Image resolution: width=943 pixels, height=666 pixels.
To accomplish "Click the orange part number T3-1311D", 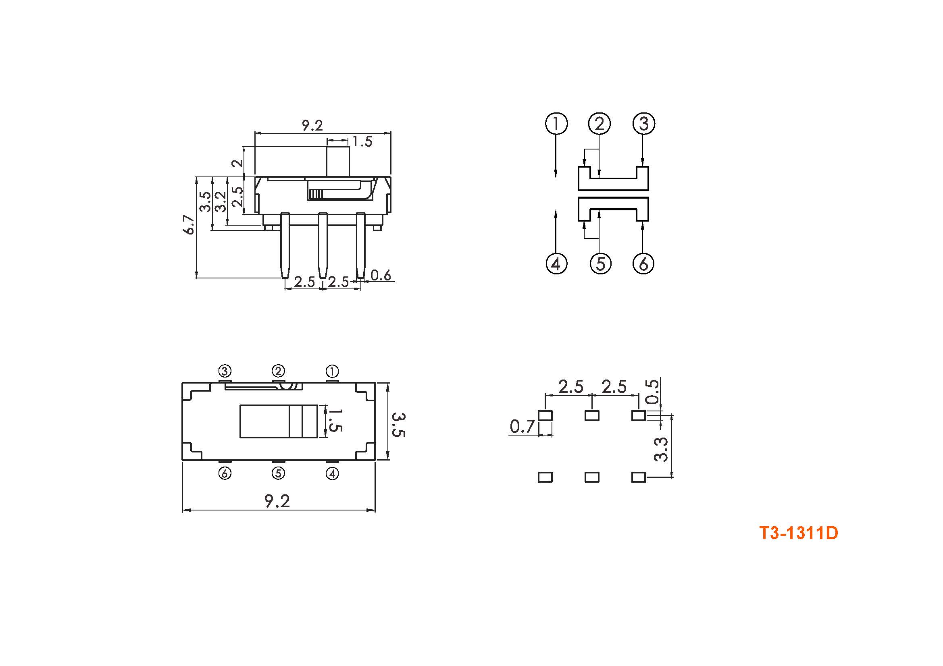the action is coord(798,533).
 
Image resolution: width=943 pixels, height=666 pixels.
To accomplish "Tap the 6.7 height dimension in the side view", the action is coord(189,224).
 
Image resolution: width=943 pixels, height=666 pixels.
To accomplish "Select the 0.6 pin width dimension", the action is coord(381,275).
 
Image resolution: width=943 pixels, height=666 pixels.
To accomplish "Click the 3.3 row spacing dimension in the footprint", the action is coord(660,449).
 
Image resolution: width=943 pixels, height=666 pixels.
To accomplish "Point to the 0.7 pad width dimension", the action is coord(523,427).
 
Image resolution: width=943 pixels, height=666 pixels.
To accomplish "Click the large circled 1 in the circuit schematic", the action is coord(556,124).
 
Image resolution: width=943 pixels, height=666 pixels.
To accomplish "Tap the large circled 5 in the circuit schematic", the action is coord(600,263).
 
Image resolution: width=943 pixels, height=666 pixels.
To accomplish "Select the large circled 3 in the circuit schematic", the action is coord(643,124).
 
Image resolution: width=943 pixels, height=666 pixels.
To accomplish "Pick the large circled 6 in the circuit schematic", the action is coord(643,263).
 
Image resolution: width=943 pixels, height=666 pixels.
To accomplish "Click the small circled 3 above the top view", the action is coord(225,371).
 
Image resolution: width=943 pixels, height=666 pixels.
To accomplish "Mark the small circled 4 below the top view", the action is coord(332,474).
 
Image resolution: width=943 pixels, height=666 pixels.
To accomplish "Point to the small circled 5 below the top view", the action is coord(279,473).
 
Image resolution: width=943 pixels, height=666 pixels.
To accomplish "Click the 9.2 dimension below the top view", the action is coord(277,501).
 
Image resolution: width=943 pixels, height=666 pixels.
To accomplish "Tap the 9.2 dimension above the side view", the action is coord(312,125).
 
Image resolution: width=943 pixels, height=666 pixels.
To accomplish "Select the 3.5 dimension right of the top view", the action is coord(398,425).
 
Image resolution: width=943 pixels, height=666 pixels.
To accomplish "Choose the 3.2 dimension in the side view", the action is coord(221,201).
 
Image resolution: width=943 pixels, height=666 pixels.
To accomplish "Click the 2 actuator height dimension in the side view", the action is coord(237,163).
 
